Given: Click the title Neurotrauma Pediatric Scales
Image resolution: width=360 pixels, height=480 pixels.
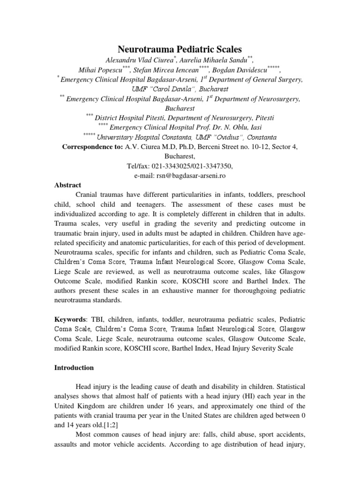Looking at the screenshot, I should [180, 49].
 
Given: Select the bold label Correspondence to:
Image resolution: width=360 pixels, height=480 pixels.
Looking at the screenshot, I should [93, 147].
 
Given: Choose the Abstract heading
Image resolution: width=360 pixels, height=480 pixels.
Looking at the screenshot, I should [67, 185].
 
